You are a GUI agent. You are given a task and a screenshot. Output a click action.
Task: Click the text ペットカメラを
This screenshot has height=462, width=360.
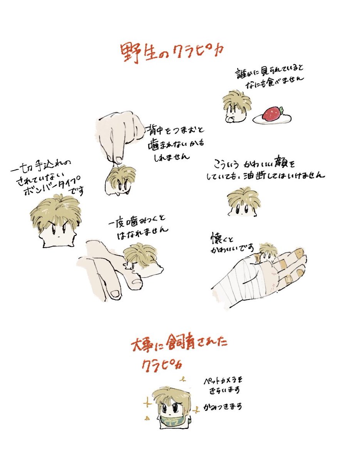pyautogui.click(x=223, y=381)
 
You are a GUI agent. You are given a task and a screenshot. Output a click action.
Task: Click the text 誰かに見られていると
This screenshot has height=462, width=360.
pyautogui.click(x=270, y=72)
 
